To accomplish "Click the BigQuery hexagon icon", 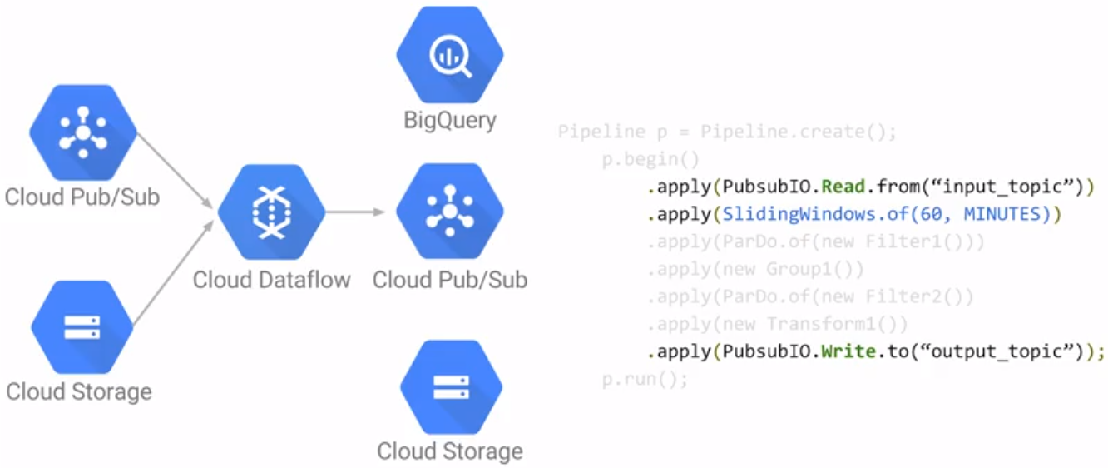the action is click(x=450, y=54).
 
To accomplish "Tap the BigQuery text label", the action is click(x=450, y=121).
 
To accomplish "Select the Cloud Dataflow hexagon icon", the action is click(x=271, y=212).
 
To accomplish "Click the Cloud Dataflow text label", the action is click(x=271, y=280).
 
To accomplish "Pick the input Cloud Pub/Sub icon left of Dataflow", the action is click(x=83, y=132).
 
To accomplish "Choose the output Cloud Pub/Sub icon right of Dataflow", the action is click(x=450, y=211).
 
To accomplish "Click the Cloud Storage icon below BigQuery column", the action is click(x=451, y=386).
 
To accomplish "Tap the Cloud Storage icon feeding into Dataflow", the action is click(x=82, y=327).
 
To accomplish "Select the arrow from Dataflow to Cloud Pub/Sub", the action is click(x=355, y=212).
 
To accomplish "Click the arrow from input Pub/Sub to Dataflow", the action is click(x=175, y=171).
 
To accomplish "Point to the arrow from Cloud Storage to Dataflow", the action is click(x=174, y=272).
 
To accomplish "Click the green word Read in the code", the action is click(x=843, y=187).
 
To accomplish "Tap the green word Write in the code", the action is click(x=848, y=351).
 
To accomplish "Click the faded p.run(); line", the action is click(x=645, y=380).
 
